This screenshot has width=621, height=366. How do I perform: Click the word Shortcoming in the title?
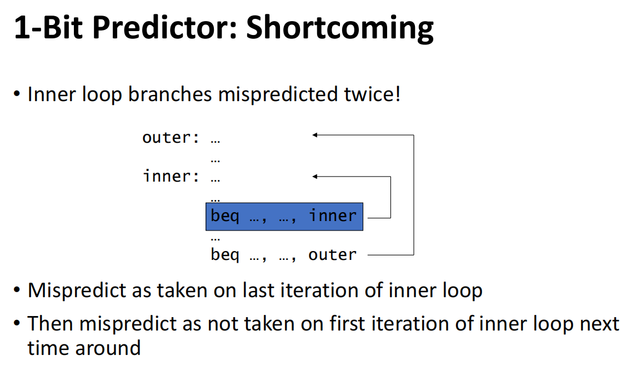pyautogui.click(x=340, y=29)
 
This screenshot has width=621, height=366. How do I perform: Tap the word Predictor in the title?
pyautogui.click(x=164, y=27)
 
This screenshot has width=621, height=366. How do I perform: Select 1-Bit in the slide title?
pyautogui.click(x=48, y=27)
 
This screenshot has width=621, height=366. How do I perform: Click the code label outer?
pyautogui.click(x=171, y=138)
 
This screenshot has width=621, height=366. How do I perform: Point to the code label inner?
pyautogui.click(x=171, y=176)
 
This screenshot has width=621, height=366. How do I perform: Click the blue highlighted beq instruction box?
pyautogui.click(x=284, y=217)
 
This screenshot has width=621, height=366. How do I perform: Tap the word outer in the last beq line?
pyautogui.click(x=332, y=255)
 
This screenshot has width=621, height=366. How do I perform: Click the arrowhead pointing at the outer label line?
pyautogui.click(x=315, y=135)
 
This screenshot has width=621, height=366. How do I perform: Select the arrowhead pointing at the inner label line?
pyautogui.click(x=315, y=176)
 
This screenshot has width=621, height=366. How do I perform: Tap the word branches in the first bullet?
pyautogui.click(x=170, y=94)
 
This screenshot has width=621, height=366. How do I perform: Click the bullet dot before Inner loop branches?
pyautogui.click(x=17, y=94)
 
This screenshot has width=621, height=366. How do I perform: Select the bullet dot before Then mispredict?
pyautogui.click(x=17, y=324)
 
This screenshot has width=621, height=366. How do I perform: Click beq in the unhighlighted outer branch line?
pyautogui.click(x=225, y=255)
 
